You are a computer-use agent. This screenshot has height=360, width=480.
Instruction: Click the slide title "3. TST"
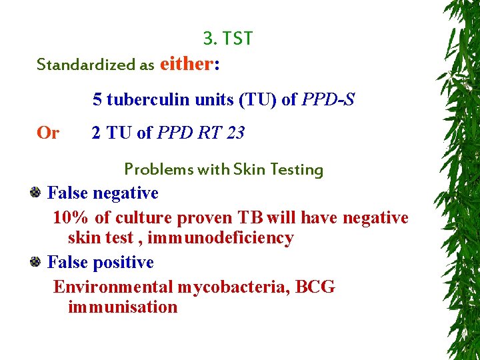coord(228,39)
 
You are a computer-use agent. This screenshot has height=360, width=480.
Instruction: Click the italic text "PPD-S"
coord(328,100)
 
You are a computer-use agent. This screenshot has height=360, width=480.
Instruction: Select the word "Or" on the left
coord(48,133)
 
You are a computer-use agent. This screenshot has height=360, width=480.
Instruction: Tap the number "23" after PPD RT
coord(235,133)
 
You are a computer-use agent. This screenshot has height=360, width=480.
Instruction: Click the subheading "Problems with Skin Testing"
coord(223,169)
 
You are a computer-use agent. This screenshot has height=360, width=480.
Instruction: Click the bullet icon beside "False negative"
coord(37,193)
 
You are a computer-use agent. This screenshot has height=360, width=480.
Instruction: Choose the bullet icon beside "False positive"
coord(37,262)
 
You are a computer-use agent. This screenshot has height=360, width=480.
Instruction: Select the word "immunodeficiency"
coord(221,238)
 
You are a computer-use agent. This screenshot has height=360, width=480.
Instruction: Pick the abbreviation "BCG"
coord(315,287)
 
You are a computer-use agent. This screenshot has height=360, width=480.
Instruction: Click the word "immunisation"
coord(123,307)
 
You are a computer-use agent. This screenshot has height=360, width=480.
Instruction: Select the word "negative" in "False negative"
coord(125,193)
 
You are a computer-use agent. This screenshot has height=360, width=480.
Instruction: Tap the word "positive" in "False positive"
coord(123,263)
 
